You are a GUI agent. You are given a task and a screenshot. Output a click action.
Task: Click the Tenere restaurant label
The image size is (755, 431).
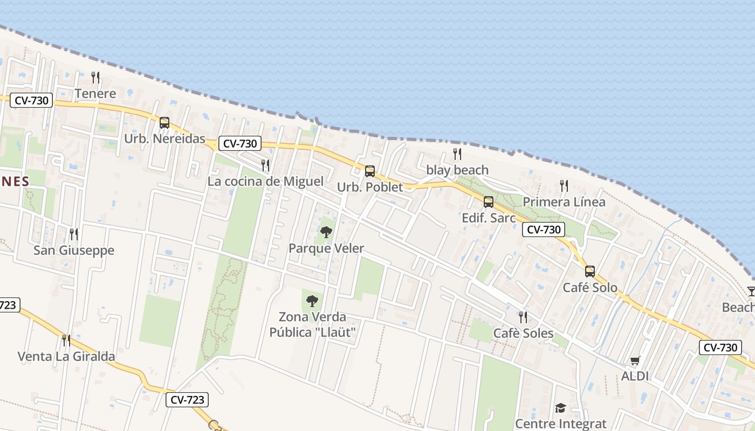(x=95, y=94)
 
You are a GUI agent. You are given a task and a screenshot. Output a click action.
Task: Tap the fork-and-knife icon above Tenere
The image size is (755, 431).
(x=95, y=78)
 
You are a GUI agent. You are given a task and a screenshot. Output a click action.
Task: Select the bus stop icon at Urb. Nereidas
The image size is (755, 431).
(x=164, y=123)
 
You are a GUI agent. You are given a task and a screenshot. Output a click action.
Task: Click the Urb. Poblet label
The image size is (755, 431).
(x=370, y=187)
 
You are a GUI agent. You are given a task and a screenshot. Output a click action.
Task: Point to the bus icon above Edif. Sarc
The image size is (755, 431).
(x=489, y=202)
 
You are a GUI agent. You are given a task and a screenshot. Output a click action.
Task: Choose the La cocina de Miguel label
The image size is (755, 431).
(x=265, y=182)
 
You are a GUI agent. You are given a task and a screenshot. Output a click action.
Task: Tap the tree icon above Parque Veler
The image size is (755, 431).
(x=326, y=233)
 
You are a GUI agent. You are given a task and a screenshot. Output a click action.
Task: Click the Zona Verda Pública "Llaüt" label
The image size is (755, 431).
(x=312, y=324)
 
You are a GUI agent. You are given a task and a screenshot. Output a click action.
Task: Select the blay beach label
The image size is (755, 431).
(x=457, y=170)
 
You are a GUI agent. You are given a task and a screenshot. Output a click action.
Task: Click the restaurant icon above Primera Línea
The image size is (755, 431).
(x=564, y=186)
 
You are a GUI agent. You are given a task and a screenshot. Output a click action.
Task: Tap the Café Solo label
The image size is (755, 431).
(x=590, y=288)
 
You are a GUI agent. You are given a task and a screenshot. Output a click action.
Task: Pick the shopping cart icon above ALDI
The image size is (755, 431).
(x=635, y=360)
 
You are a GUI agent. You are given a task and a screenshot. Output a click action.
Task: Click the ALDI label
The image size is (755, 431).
(x=635, y=376)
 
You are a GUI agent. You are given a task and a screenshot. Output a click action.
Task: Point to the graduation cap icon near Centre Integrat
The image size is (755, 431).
(x=560, y=408)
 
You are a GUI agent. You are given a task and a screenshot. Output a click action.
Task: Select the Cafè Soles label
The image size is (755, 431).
(x=523, y=333)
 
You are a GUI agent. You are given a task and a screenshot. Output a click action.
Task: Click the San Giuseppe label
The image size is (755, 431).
(x=74, y=251)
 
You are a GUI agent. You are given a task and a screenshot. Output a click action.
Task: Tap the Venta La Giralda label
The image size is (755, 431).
(x=66, y=357)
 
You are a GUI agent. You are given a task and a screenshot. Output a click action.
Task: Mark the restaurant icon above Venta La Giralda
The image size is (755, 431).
(x=66, y=340)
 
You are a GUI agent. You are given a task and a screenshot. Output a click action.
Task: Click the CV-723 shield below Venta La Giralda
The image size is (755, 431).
(x=187, y=400)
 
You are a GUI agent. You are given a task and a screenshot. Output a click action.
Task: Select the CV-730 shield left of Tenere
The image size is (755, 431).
(x=32, y=100)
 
